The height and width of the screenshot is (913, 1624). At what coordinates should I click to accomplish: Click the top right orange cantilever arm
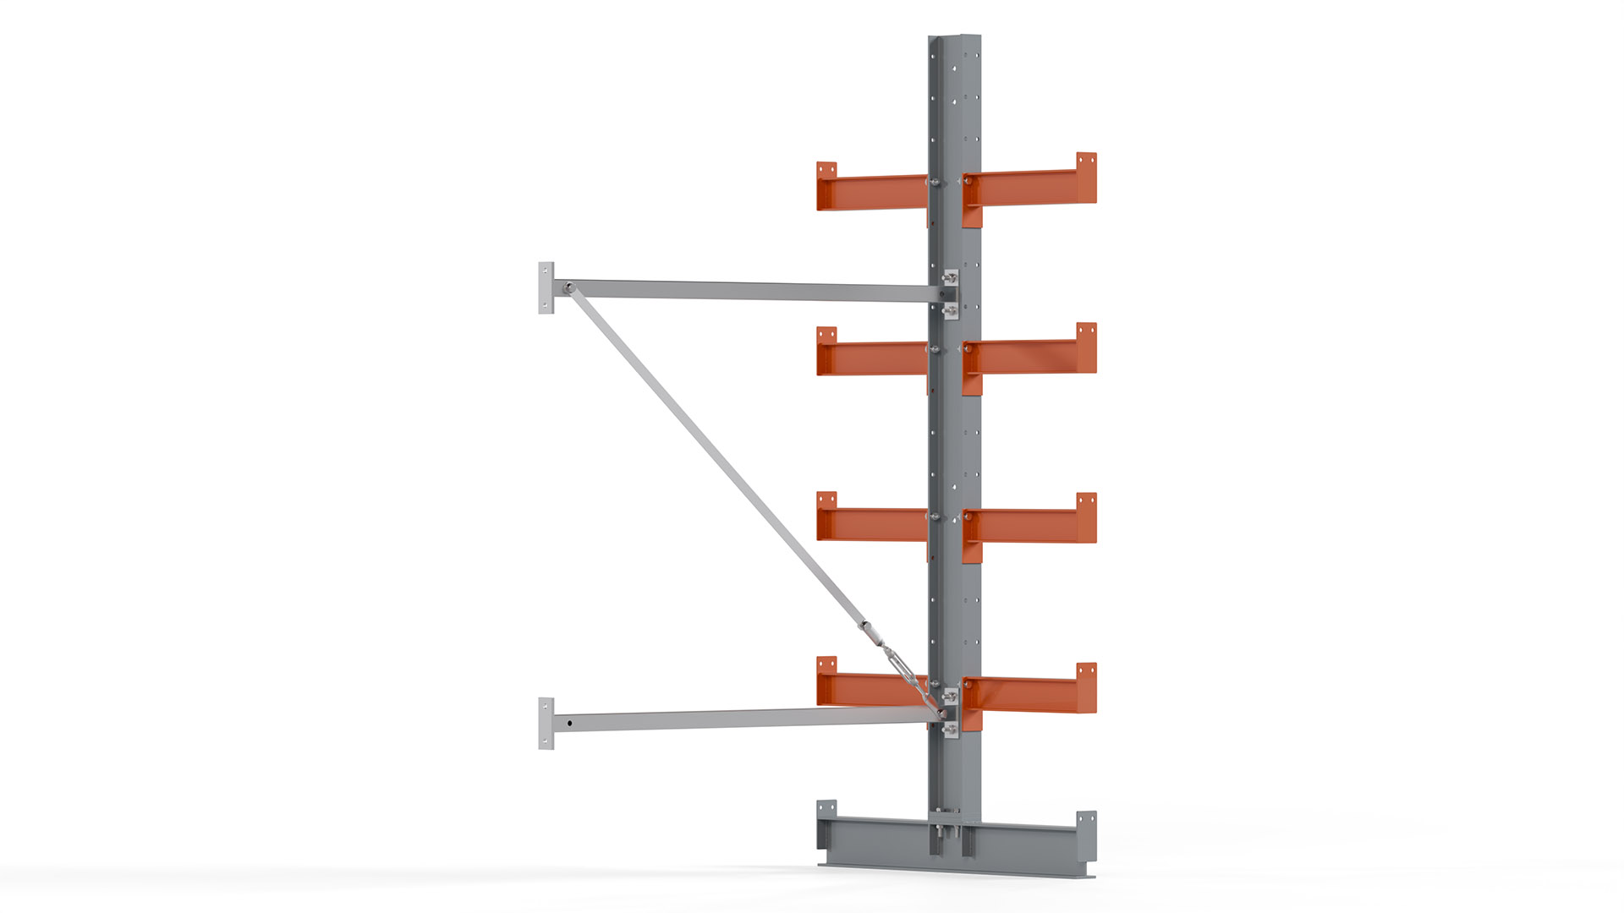coord(1028,188)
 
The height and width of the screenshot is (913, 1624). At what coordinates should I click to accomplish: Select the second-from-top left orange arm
coord(871,358)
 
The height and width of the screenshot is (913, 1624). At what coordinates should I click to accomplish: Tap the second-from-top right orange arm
coord(1028,356)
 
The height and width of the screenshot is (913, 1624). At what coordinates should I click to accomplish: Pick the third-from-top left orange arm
coord(871,524)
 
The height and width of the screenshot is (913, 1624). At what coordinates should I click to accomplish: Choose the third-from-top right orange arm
coord(1028,525)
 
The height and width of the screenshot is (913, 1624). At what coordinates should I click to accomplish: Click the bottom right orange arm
coord(1028,694)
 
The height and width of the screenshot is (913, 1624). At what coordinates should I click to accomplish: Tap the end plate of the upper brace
coord(546,288)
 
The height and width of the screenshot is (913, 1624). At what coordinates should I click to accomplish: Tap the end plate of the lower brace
coord(546,723)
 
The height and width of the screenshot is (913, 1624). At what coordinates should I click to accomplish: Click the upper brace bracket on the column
coord(951,294)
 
